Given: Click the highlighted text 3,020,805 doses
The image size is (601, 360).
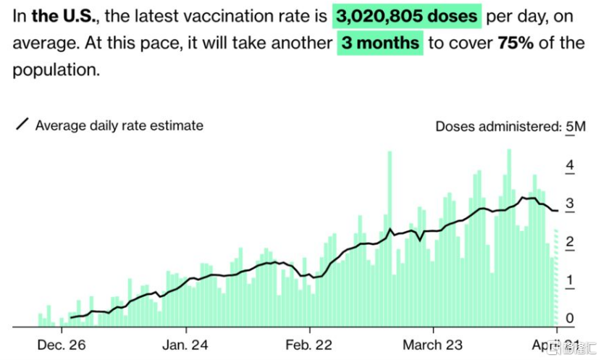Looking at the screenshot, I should pos(408,15).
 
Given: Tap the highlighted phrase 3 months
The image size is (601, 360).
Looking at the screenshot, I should pos(381,43).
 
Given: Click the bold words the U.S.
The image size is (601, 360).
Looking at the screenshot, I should pos(62,15).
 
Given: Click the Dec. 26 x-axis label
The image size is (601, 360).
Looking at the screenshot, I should pos(62,344).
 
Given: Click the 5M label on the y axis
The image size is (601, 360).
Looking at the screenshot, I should pos(576,127).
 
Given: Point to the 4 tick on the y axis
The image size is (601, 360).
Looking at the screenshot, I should pos(570,166).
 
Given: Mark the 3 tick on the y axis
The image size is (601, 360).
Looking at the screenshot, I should pos(570,204).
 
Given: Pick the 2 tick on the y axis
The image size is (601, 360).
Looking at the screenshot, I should pos(570,243).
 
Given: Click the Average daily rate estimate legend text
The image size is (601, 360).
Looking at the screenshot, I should pos(119,125).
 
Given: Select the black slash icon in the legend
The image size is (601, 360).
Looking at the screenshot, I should pos(22,125).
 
